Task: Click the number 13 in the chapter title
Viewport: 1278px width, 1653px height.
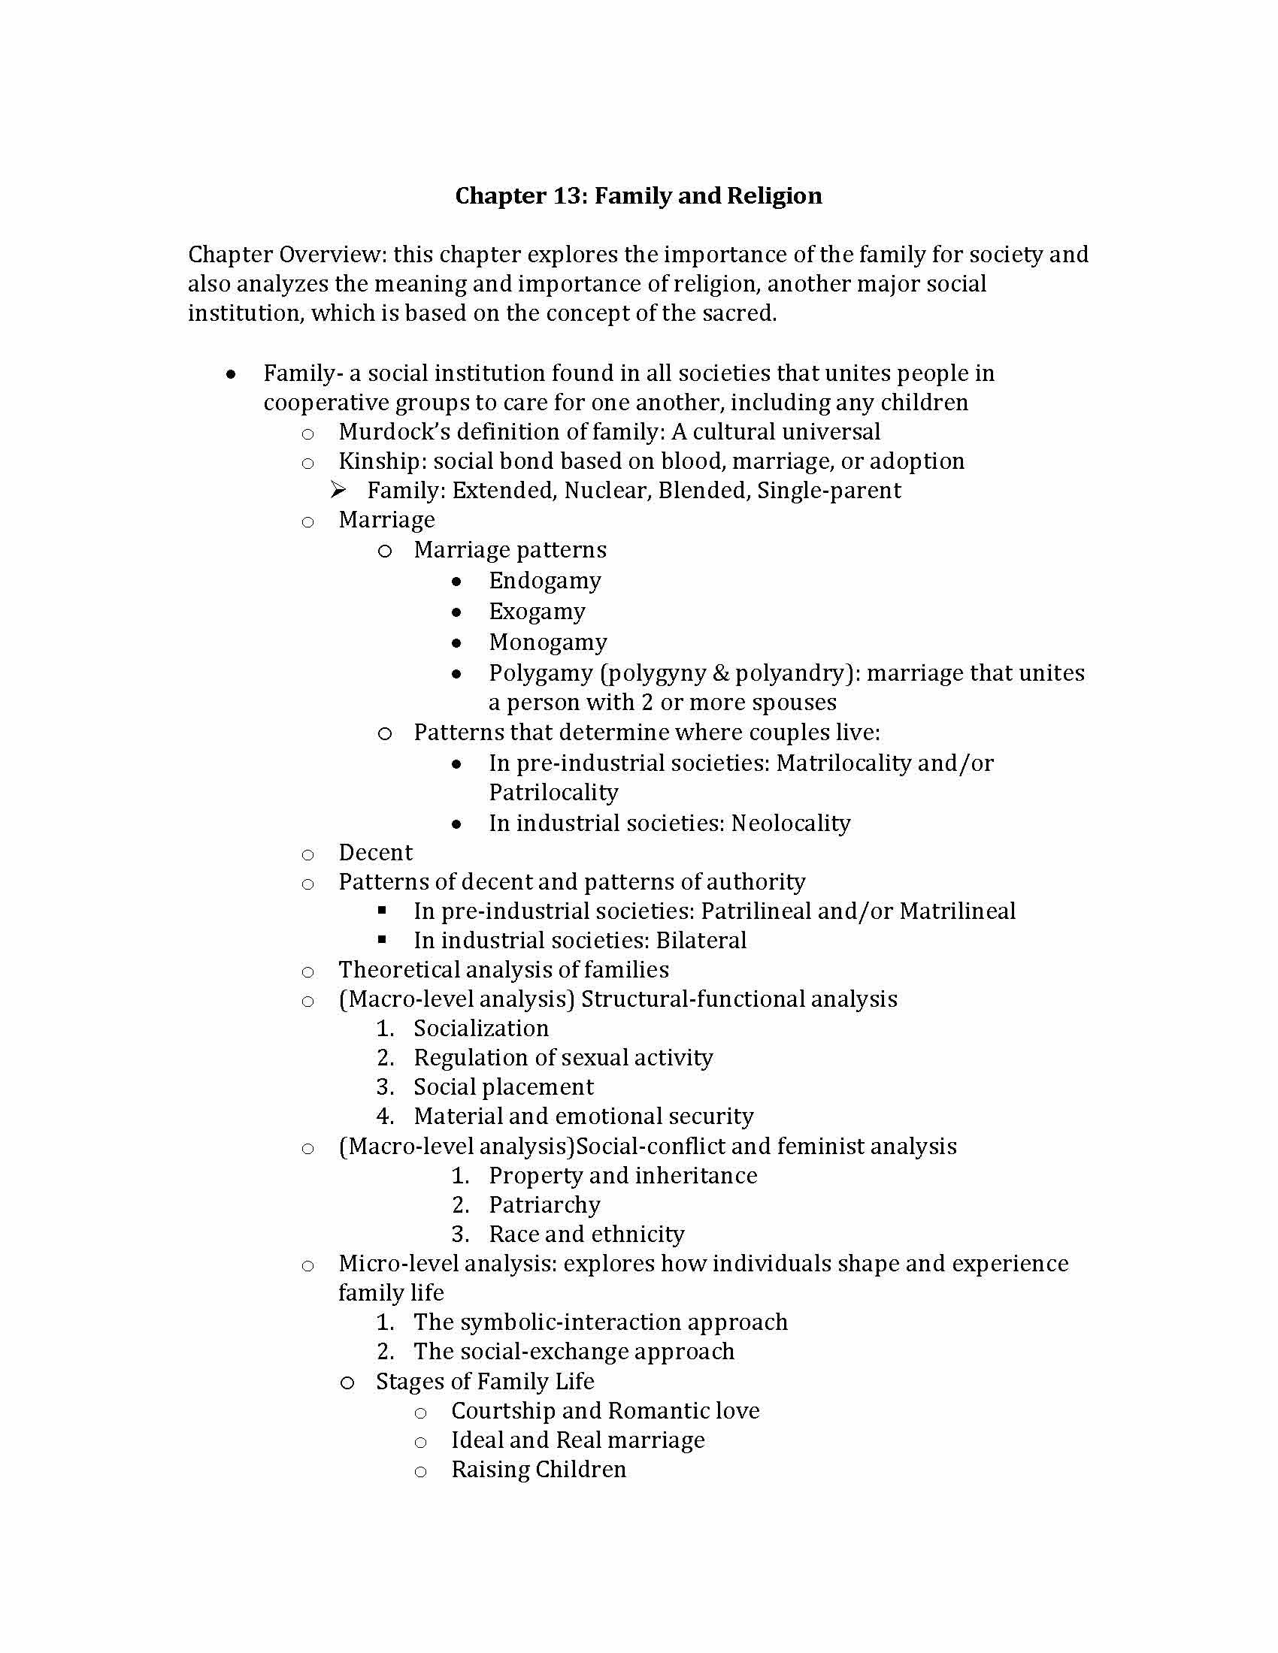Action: [x=566, y=196]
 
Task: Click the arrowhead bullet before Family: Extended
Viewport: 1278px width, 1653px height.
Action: [x=338, y=491]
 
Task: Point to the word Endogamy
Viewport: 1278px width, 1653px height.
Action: [x=545, y=581]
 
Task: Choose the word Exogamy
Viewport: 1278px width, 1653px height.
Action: [x=537, y=612]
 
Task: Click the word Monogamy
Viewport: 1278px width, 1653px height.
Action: [x=547, y=642]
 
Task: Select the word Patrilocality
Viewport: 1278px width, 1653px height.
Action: [x=553, y=793]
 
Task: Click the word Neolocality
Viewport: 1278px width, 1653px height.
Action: [x=790, y=823]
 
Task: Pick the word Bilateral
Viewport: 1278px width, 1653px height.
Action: [x=701, y=940]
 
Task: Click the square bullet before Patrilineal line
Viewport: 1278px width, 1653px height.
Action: [x=383, y=910]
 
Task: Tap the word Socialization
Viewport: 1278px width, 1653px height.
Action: [x=481, y=1028]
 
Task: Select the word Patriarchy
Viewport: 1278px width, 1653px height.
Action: [x=544, y=1205]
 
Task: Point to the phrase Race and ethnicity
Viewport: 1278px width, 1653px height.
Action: [x=587, y=1234]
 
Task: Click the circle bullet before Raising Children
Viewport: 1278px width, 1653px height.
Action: [x=421, y=1470]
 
